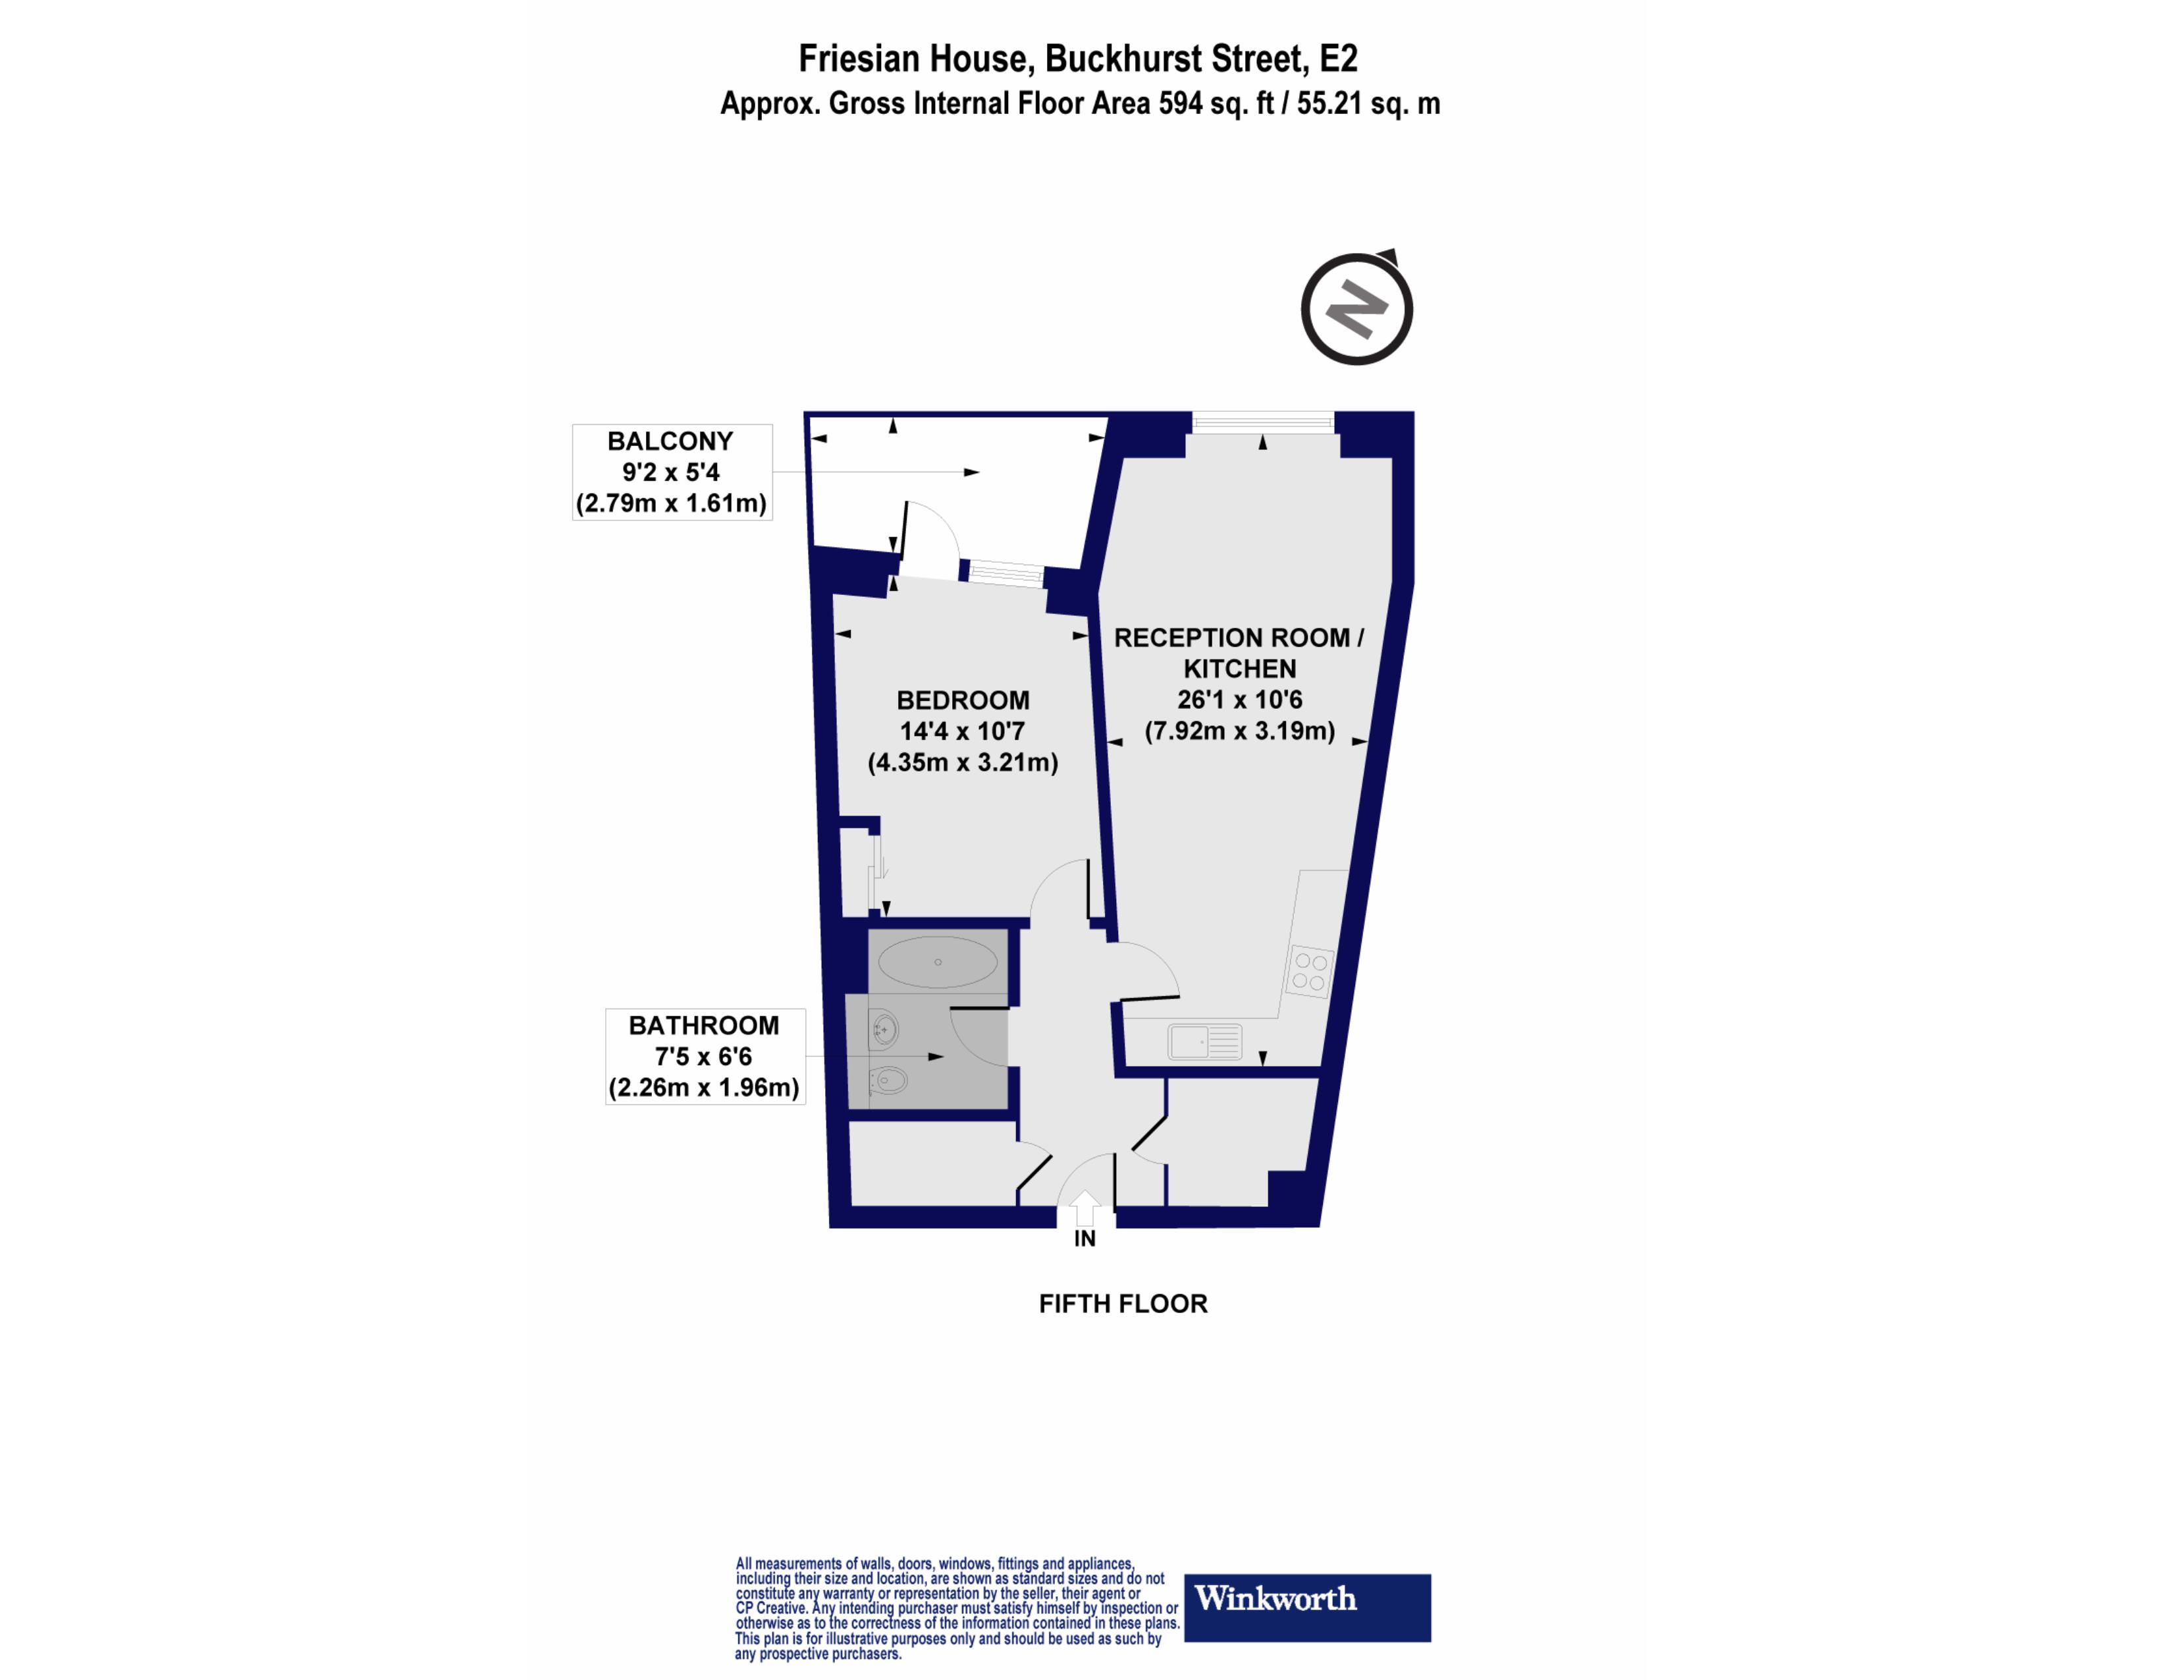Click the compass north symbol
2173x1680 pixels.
(x=1357, y=308)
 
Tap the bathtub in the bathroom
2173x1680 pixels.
(x=937, y=961)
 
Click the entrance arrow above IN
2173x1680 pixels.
(x=1085, y=1208)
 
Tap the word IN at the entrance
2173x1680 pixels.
(x=1085, y=1239)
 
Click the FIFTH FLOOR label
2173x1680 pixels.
(x=1123, y=1304)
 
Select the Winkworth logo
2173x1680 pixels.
(x=1307, y=1608)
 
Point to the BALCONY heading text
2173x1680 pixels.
(x=670, y=441)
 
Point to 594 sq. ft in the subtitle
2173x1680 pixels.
(x=1216, y=103)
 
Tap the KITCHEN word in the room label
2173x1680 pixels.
(x=1240, y=669)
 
